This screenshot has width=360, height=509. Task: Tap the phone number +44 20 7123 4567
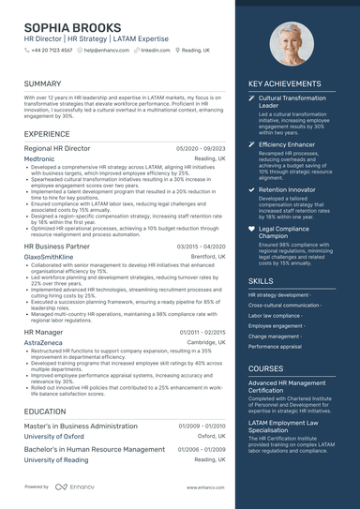click(52, 50)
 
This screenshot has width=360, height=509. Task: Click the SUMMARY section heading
click(42, 84)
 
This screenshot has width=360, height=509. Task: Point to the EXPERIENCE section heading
click(47, 134)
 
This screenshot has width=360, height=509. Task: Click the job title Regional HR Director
click(57, 148)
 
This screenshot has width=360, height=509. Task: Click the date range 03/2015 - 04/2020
click(201, 246)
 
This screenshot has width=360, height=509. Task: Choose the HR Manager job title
click(44, 332)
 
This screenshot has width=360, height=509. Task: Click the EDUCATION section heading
click(45, 412)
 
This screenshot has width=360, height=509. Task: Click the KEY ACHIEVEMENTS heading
click(284, 84)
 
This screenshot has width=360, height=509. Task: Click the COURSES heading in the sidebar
click(265, 368)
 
